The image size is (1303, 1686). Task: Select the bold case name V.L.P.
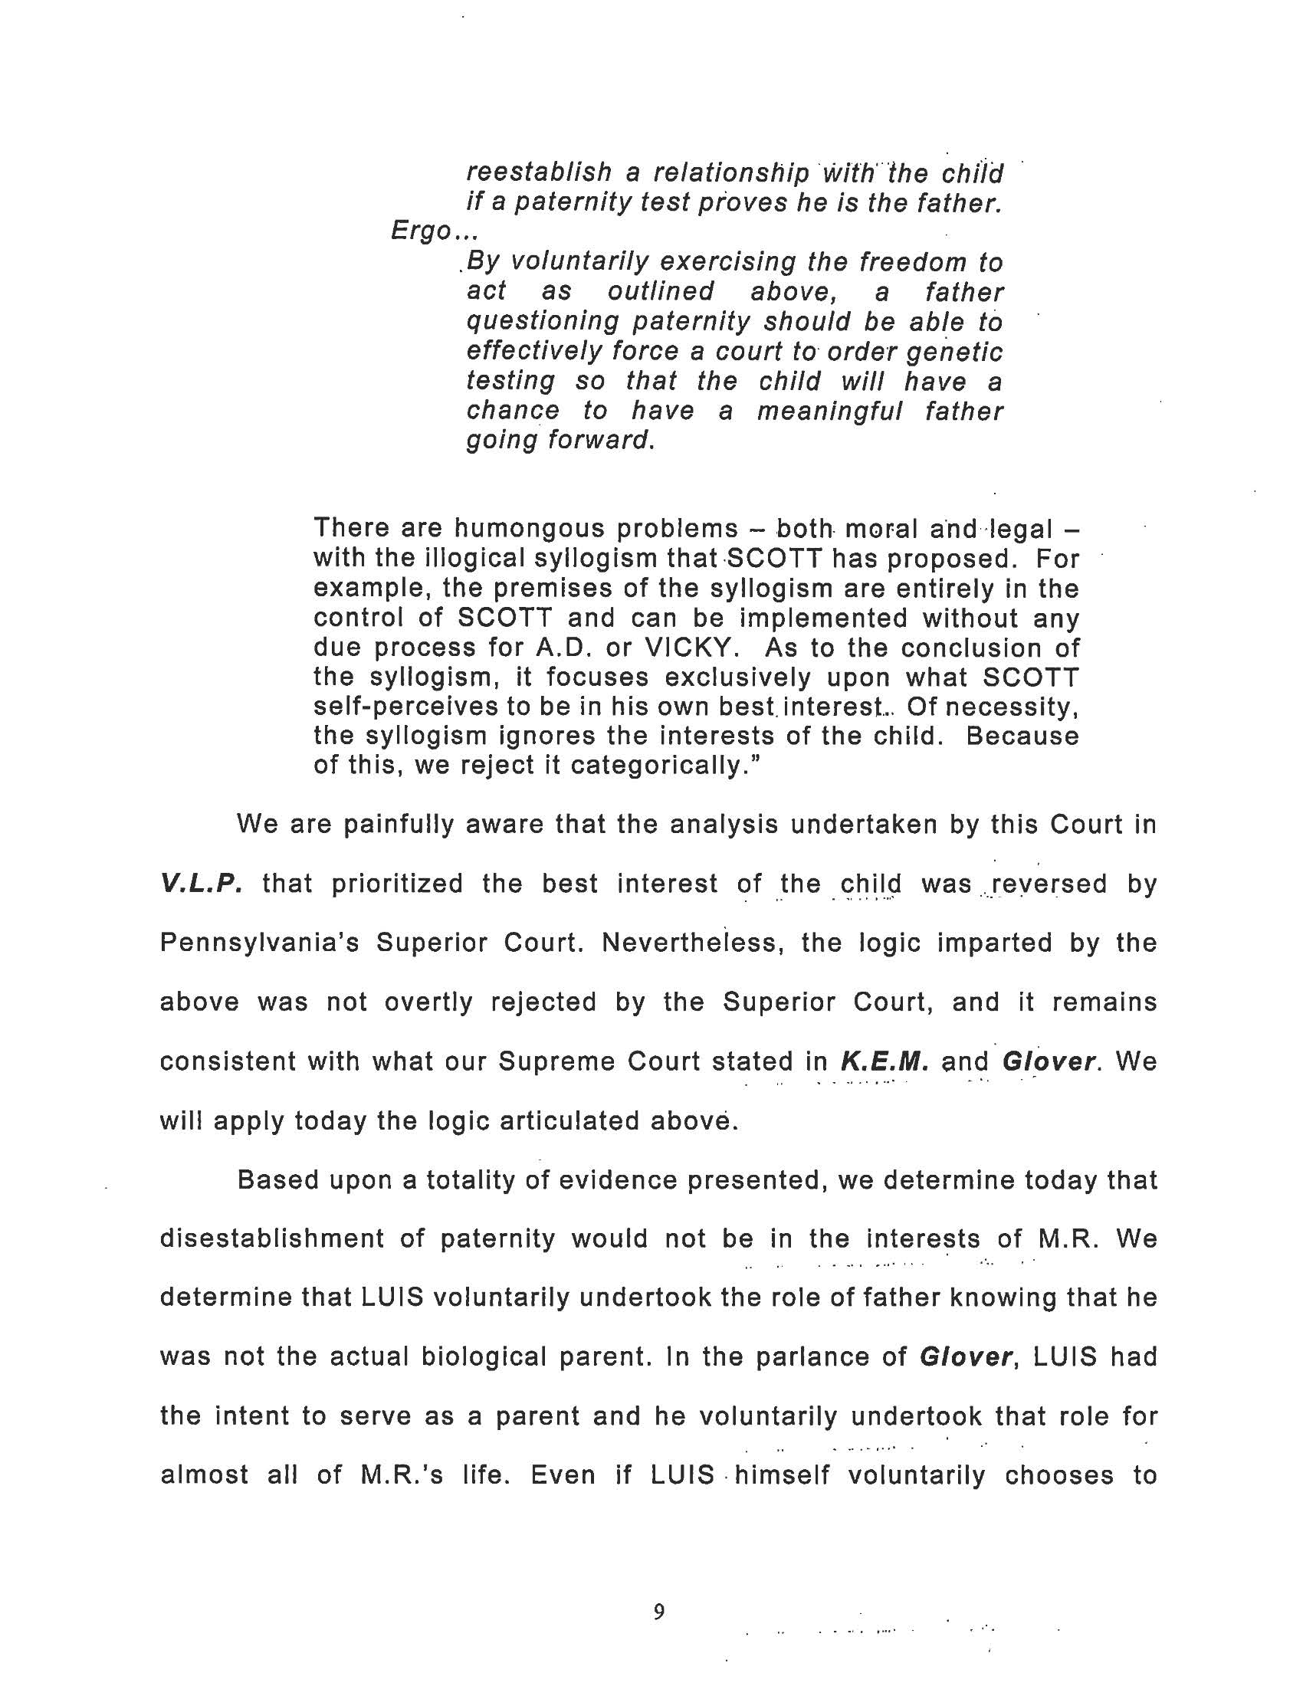click(201, 883)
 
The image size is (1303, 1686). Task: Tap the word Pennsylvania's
click(259, 943)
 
